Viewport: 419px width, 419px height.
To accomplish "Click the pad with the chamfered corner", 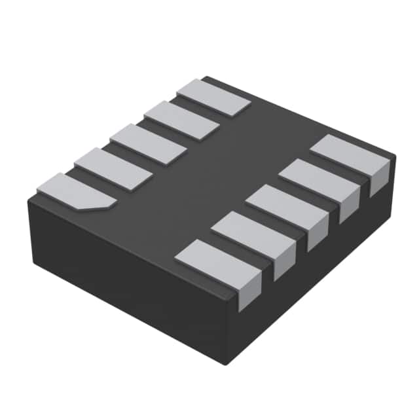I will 73,191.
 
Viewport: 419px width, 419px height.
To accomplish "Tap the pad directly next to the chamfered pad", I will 113,169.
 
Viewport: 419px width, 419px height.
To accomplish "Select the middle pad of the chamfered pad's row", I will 148,144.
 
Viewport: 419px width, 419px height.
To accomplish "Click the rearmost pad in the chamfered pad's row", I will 214,97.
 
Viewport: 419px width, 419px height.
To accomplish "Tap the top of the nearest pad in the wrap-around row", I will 213,261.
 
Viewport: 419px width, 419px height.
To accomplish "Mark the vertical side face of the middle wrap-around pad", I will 317,232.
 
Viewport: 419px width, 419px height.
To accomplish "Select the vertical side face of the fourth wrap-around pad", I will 349,206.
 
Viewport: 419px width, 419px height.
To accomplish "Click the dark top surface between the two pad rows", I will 216,170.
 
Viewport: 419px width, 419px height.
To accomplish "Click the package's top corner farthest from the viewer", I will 204,77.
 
